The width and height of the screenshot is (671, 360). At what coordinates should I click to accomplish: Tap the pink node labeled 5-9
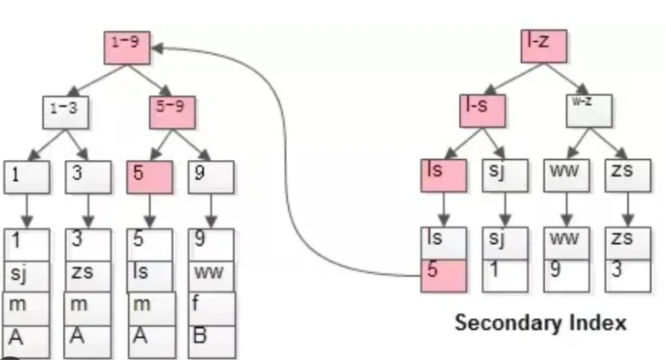click(x=172, y=111)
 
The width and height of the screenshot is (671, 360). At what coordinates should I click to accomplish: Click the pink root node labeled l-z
click(x=545, y=44)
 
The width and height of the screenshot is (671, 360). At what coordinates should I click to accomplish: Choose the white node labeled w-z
click(x=587, y=108)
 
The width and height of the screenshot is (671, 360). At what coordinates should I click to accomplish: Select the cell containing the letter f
click(x=211, y=307)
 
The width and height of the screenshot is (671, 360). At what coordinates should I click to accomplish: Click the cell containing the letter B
click(x=211, y=336)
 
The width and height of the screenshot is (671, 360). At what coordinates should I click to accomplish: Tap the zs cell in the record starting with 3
click(x=90, y=275)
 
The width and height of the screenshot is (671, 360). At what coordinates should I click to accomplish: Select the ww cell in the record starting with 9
click(x=211, y=275)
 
